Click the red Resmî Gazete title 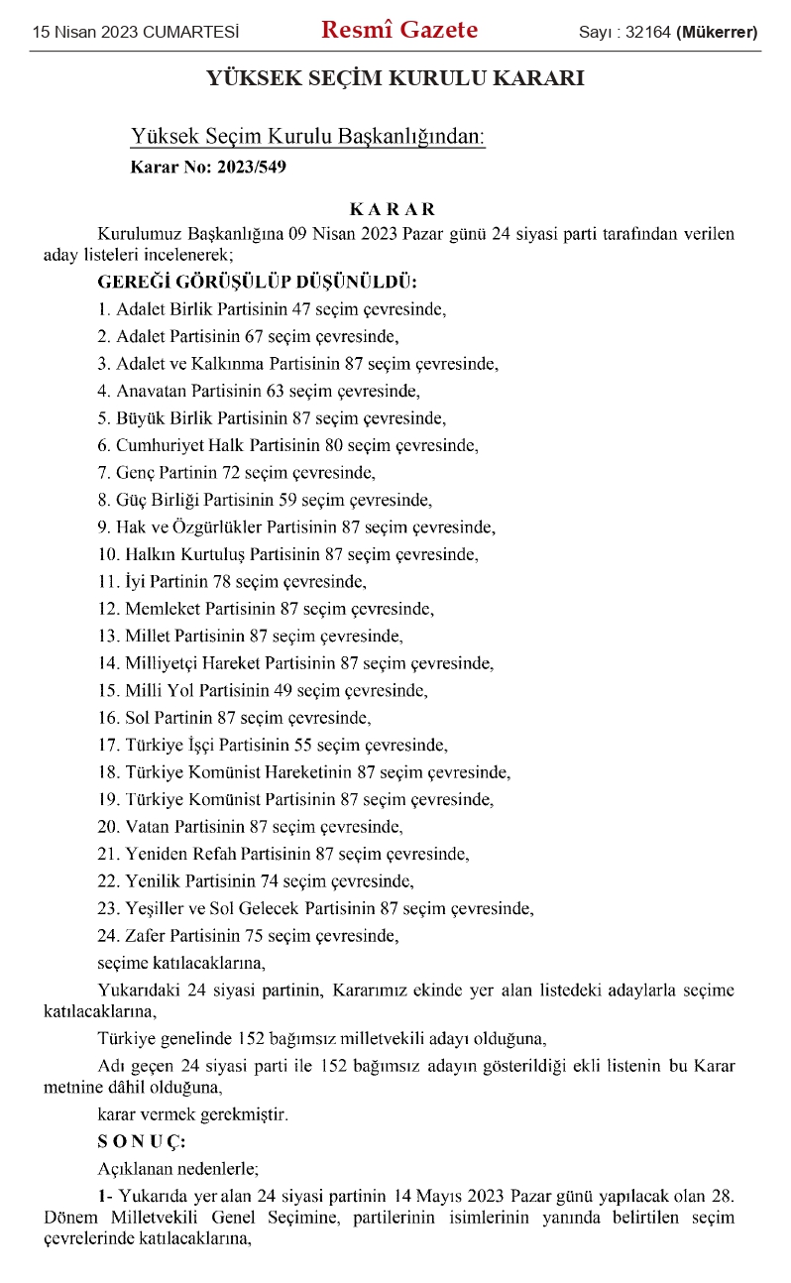[398, 31]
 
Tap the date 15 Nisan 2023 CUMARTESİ [136, 33]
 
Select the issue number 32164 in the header [647, 33]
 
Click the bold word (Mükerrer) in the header [718, 33]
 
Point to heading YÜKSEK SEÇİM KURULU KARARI [395, 78]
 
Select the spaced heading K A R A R [393, 209]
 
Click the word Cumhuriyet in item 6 [159, 445]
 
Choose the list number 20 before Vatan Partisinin [107, 826]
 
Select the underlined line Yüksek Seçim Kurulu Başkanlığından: [308, 138]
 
